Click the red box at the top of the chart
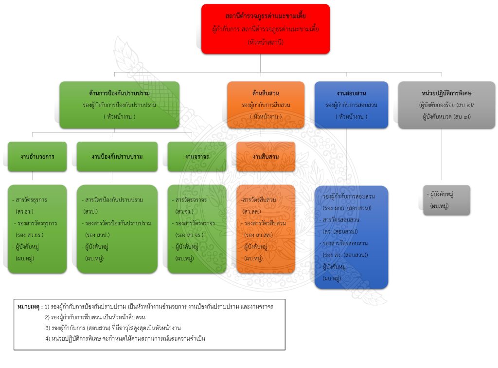[x=266, y=29]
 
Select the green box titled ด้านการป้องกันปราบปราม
[x=119, y=105]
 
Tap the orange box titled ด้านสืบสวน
[x=266, y=105]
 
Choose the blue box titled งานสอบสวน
[x=351, y=105]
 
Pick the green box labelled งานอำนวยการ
[x=37, y=156]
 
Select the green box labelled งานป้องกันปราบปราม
[x=117, y=156]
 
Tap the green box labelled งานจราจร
[x=196, y=156]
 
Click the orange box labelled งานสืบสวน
[x=266, y=156]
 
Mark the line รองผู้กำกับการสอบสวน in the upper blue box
[x=351, y=105]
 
